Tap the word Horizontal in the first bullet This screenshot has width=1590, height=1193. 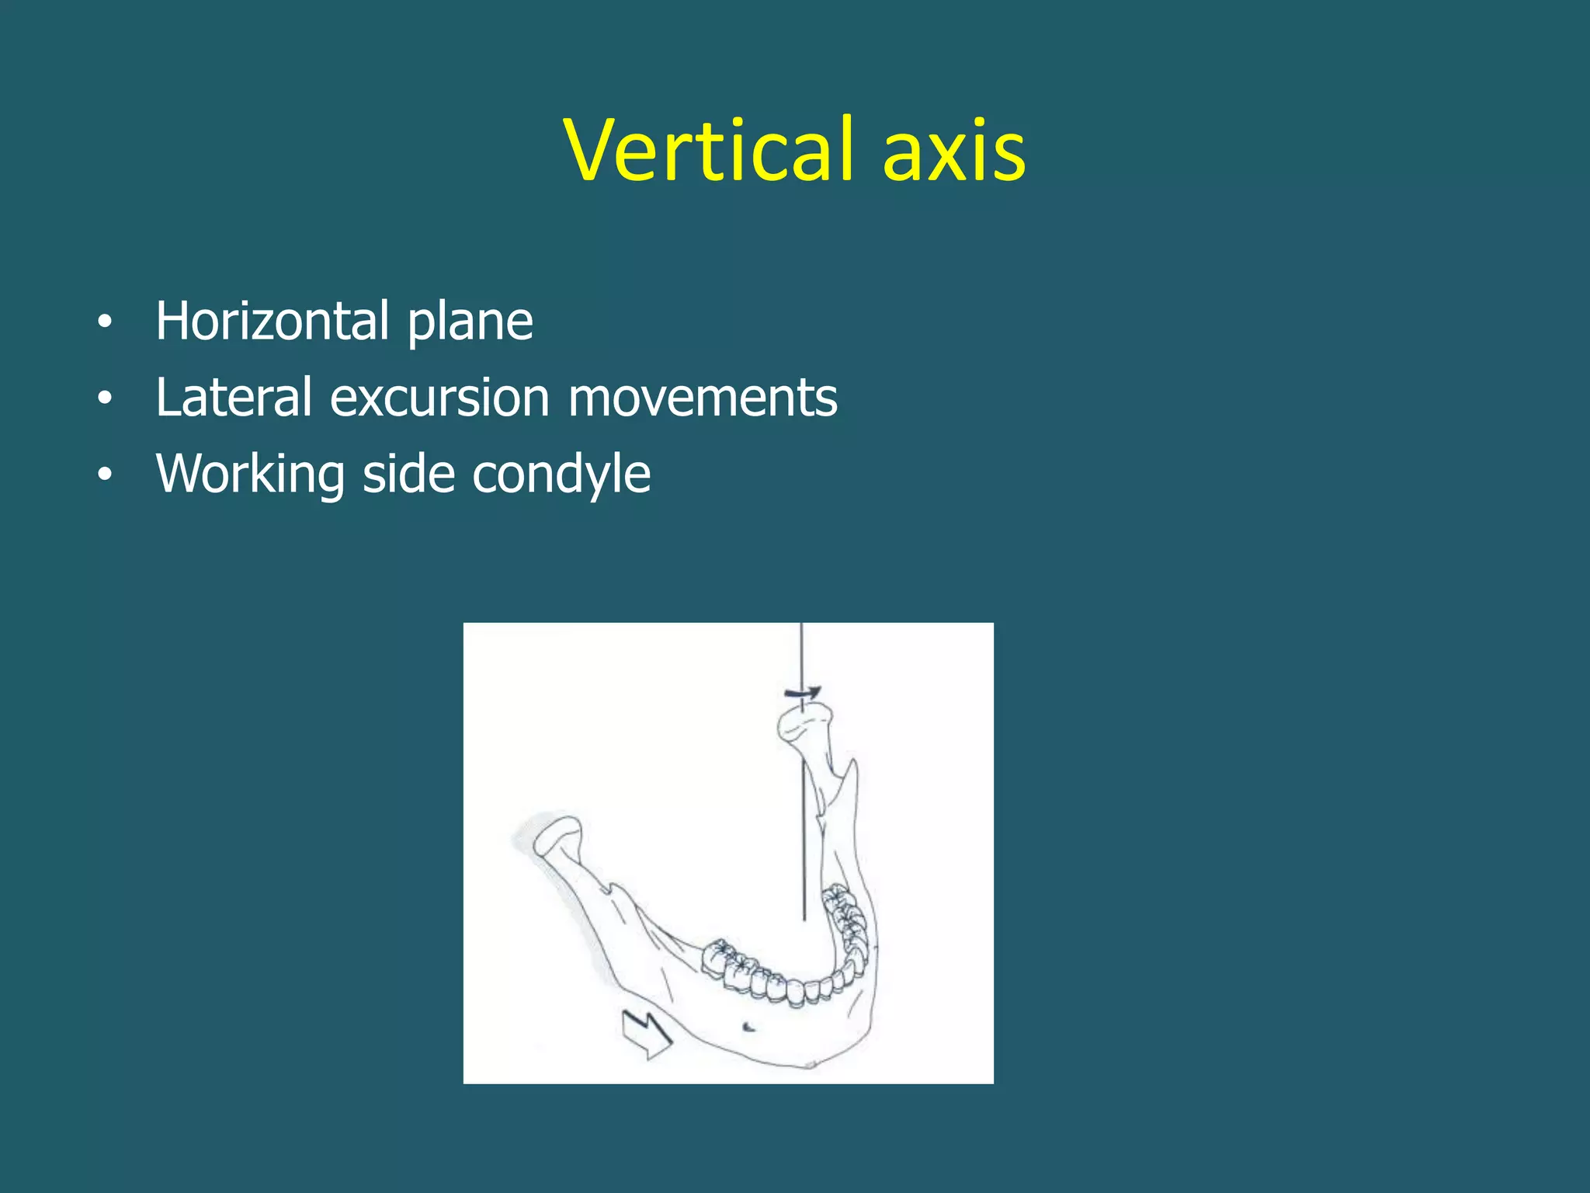click(x=272, y=321)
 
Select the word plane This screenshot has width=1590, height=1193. click(x=470, y=321)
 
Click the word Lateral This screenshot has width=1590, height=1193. click(x=233, y=397)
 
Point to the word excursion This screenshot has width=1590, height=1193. click(x=439, y=397)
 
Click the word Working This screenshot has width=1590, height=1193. click(x=250, y=473)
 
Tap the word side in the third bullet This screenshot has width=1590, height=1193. click(x=408, y=473)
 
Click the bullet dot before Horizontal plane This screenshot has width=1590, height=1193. click(x=105, y=322)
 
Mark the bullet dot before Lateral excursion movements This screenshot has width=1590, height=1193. click(x=105, y=398)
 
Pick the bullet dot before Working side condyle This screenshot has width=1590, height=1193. click(x=105, y=475)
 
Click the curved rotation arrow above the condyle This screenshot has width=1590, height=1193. click(x=803, y=692)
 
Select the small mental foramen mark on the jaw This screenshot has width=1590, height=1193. click(x=748, y=1028)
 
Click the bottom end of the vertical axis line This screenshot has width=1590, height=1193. click(x=804, y=918)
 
